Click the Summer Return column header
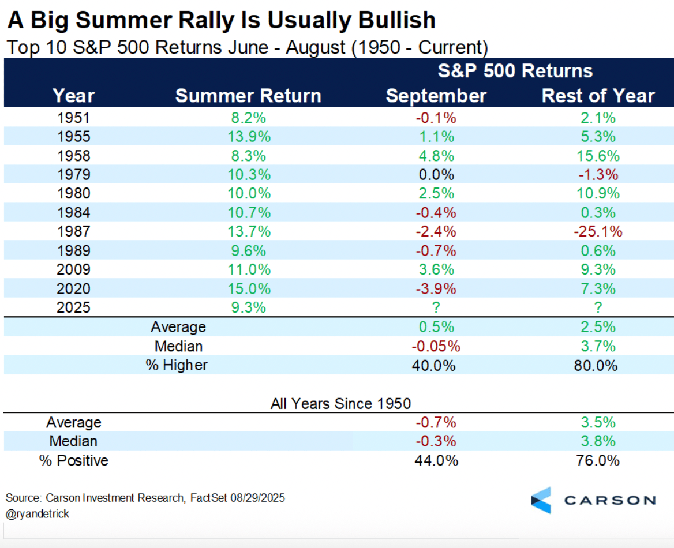[248, 96]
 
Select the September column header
[436, 96]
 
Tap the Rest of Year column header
[598, 96]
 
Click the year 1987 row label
[73, 231]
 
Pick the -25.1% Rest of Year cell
[598, 231]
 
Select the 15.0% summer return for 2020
[248, 288]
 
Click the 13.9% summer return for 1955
[248, 137]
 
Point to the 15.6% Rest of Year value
[598, 156]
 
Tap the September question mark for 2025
[436, 307]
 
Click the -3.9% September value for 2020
[436, 288]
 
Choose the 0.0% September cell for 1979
[436, 175]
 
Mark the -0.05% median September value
[436, 346]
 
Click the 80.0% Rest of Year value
[598, 365]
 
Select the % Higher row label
[177, 365]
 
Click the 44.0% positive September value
[436, 460]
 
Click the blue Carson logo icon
[541, 500]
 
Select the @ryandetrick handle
[38, 513]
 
